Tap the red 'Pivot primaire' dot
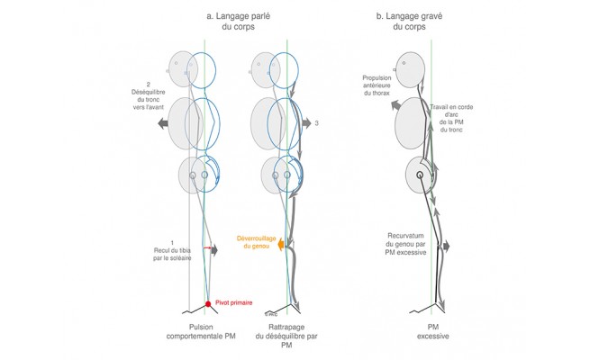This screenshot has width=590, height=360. pyautogui.click(x=207, y=303)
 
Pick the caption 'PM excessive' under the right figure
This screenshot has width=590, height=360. pyautogui.click(x=432, y=331)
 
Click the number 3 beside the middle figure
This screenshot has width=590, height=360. pyautogui.click(x=318, y=119)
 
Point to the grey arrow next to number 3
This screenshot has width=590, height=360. pyautogui.click(x=305, y=119)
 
